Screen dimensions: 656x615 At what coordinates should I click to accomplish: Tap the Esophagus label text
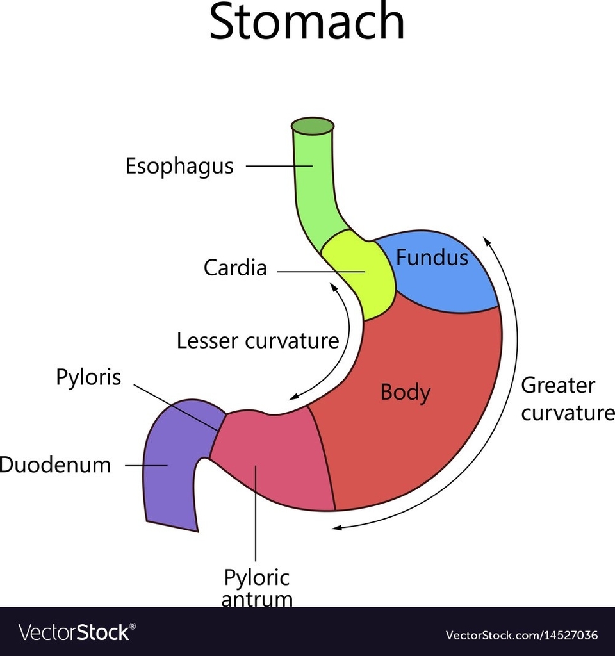pos(179,167)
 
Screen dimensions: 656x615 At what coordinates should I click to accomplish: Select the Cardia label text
pos(235,268)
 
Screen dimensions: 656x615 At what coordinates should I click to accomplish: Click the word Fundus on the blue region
pos(432,258)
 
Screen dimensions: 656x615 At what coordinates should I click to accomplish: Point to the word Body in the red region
pos(405,392)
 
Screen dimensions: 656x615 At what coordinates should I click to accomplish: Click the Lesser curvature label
pos(258,341)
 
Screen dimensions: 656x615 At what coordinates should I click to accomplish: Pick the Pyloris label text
pos(88,377)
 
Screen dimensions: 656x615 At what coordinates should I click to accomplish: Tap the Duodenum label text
pos(55,465)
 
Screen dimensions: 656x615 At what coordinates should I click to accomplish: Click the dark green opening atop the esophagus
pos(313,126)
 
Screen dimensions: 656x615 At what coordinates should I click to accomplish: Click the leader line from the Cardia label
pos(320,272)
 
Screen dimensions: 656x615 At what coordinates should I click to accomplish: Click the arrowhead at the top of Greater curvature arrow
pos(487,242)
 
